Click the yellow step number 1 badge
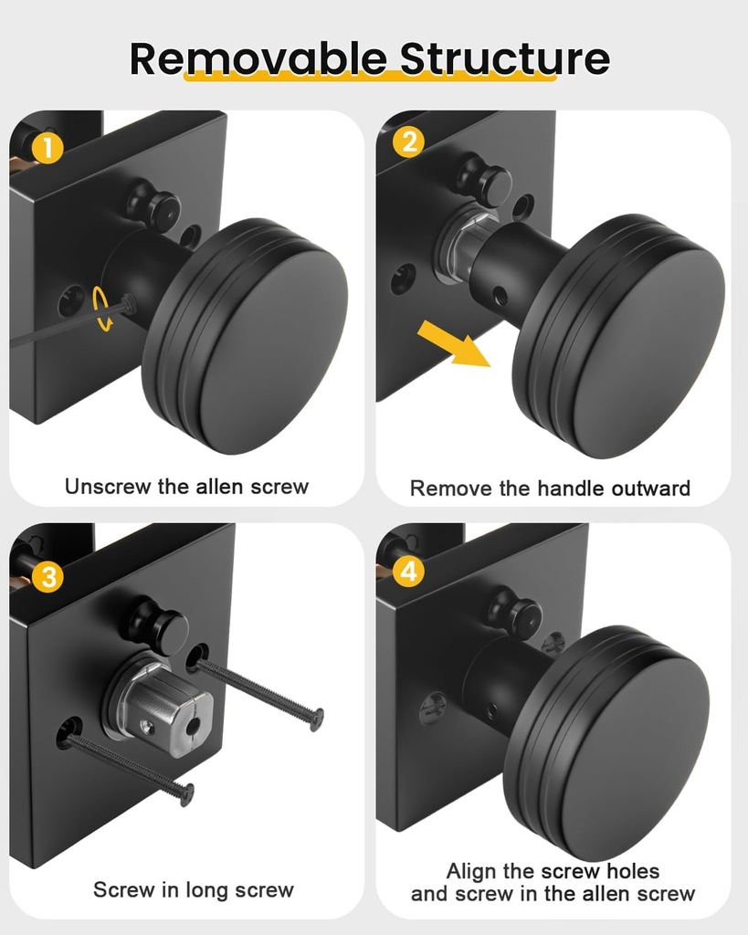pyautogui.click(x=47, y=146)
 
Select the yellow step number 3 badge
pyautogui.click(x=47, y=576)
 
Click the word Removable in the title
pyautogui.click(x=258, y=58)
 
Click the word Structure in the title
pyautogui.click(x=505, y=58)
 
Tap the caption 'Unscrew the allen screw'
pyautogui.click(x=186, y=487)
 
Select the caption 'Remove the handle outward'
pyautogui.click(x=550, y=489)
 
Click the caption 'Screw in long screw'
pyautogui.click(x=194, y=889)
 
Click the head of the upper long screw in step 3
pyautogui.click(x=316, y=720)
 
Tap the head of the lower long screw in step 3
pyautogui.click(x=187, y=793)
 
